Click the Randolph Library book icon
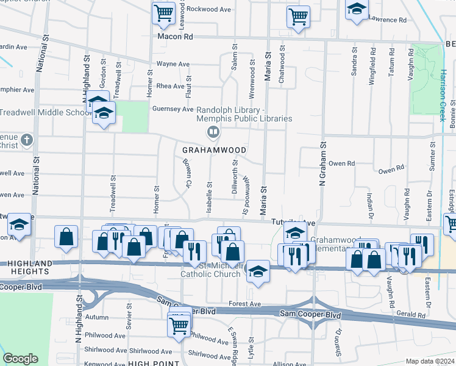[x=213, y=132]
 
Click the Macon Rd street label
[x=175, y=37]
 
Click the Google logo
[x=21, y=358]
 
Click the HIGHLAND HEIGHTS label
[x=31, y=263]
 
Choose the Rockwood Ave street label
[x=209, y=9]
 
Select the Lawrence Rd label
[x=387, y=20]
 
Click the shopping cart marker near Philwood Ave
[x=179, y=324]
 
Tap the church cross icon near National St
[x=26, y=140]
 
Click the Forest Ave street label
[x=244, y=304]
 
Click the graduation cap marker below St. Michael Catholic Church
[x=258, y=271]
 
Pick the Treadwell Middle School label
[x=46, y=113]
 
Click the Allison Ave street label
[x=286, y=364]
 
